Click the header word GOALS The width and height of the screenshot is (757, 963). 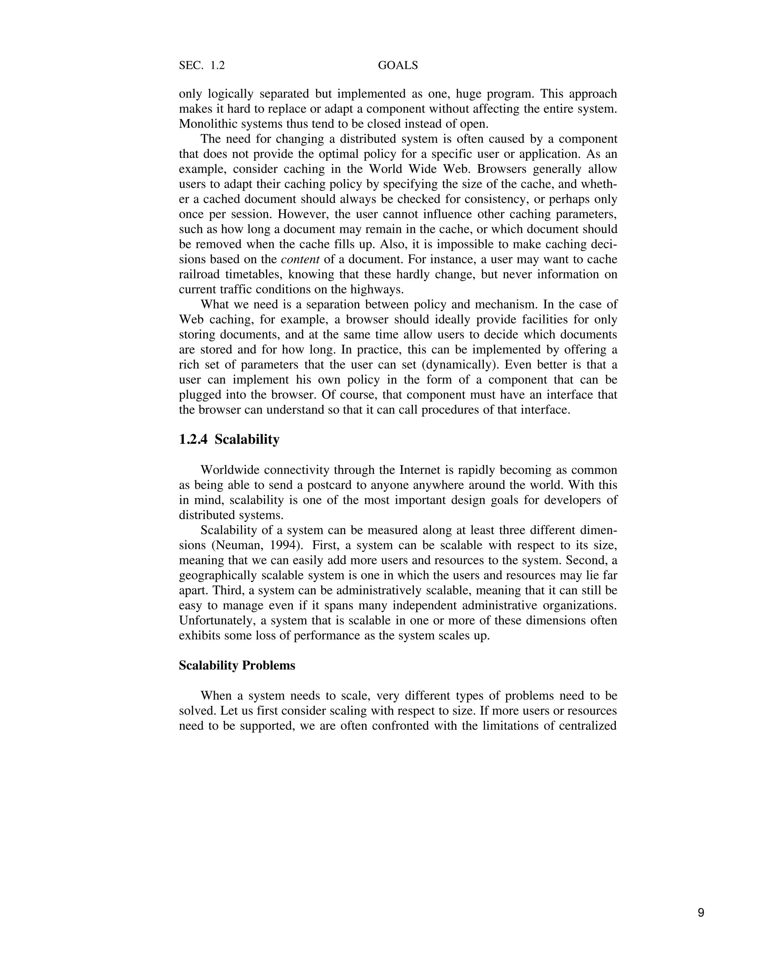click(398, 65)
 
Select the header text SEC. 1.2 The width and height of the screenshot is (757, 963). click(202, 65)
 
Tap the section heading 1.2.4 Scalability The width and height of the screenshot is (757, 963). click(229, 440)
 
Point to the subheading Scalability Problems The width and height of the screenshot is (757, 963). click(237, 666)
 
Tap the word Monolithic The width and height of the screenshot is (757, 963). click(206, 124)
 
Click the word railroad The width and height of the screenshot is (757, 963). click(199, 274)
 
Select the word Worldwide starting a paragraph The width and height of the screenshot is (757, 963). click(230, 470)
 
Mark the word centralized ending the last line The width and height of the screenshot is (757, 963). click(585, 726)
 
